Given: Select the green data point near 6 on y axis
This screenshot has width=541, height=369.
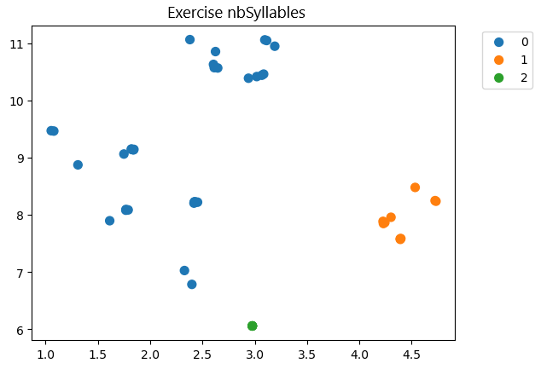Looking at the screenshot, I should pyautogui.click(x=252, y=326).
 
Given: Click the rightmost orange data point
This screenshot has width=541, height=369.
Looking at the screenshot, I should pyautogui.click(x=435, y=201).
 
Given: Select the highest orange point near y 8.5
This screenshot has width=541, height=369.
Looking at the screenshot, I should pyautogui.click(x=415, y=187).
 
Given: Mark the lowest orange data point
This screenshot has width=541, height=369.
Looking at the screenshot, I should pyautogui.click(x=400, y=239).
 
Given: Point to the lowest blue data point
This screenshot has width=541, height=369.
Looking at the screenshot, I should pyautogui.click(x=192, y=284).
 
